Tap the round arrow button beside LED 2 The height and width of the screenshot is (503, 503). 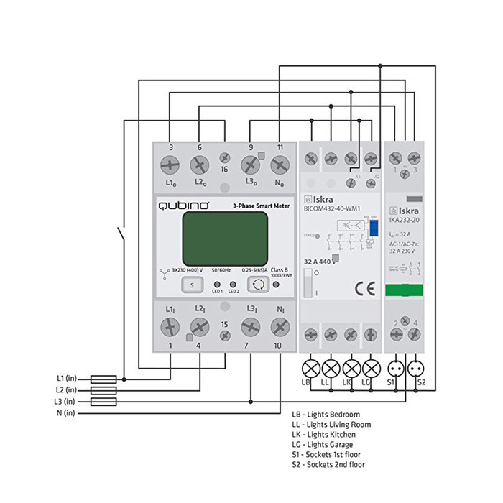pos(257,285)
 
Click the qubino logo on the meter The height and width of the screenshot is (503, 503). pos(184,206)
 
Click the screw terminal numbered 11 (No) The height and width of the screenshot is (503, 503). pos(280,165)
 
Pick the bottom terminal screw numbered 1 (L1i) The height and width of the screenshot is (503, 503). pos(170,328)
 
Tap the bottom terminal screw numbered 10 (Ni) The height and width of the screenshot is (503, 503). pos(280,328)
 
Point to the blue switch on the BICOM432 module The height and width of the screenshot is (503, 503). pos(374,229)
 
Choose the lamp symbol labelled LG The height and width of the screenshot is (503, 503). pos(371,368)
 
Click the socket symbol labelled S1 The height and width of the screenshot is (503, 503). pos(394,368)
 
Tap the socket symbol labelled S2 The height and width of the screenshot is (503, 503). pos(415,368)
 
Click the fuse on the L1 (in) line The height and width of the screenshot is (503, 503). pos(106,378)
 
